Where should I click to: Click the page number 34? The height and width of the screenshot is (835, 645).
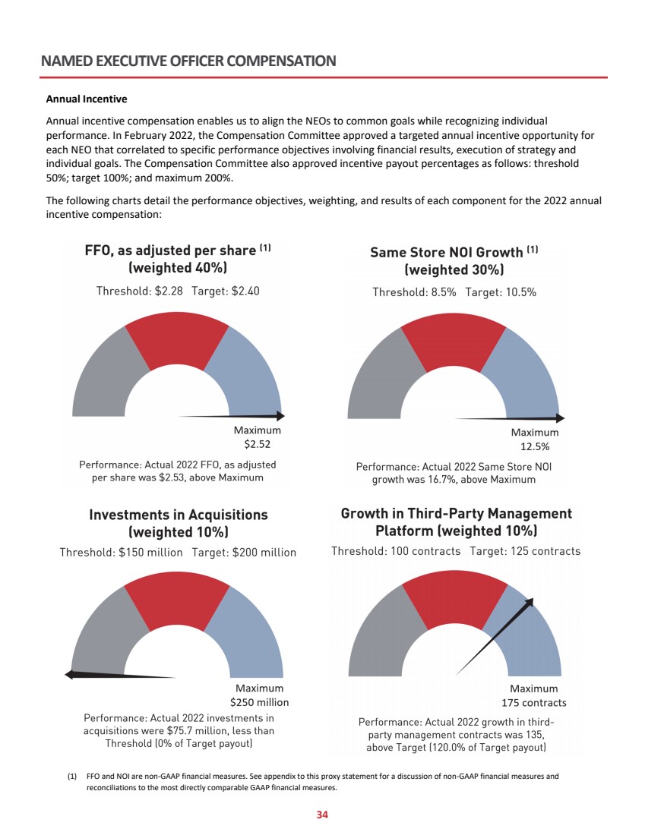click(x=322, y=815)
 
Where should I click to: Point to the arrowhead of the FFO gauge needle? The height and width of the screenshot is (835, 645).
click(x=280, y=416)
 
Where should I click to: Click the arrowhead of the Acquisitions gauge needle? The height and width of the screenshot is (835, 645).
click(x=68, y=674)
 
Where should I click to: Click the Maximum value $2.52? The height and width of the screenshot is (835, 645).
click(x=257, y=445)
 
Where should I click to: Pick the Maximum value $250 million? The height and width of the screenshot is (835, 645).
click(x=259, y=702)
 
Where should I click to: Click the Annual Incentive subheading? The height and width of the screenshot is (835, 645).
click(x=87, y=99)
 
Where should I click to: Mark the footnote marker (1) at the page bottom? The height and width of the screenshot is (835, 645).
click(x=72, y=777)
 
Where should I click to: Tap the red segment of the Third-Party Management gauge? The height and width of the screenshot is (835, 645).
click(x=454, y=600)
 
